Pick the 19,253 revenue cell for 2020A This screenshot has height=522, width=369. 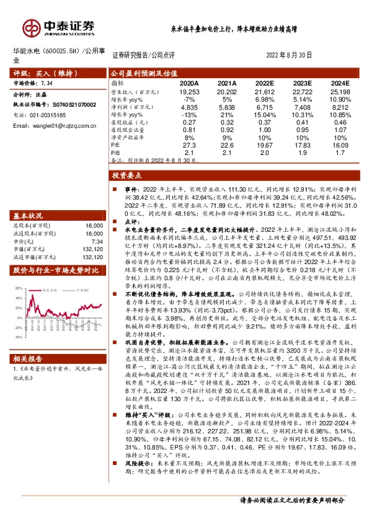[x=189, y=91]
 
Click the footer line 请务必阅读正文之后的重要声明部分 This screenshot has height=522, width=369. [x=291, y=500]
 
